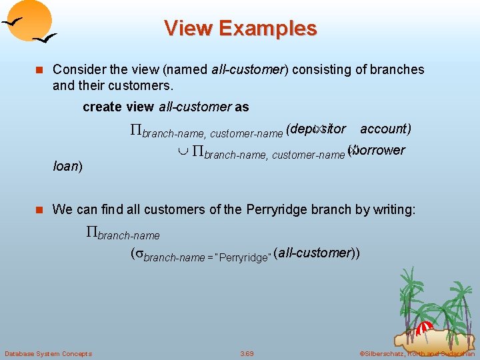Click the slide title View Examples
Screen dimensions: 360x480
[x=240, y=29]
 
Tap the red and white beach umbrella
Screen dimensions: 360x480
[x=423, y=329]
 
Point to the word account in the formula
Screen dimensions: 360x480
[x=385, y=129]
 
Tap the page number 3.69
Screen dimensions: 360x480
[x=247, y=353]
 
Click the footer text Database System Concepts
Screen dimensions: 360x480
[x=48, y=353]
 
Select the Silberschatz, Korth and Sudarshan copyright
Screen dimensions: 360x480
[x=417, y=353]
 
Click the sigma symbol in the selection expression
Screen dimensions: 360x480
[x=139, y=255]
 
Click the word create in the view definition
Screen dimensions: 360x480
[x=102, y=107]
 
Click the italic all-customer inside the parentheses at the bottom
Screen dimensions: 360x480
[x=314, y=253]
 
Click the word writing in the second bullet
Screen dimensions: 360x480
[x=394, y=209]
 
